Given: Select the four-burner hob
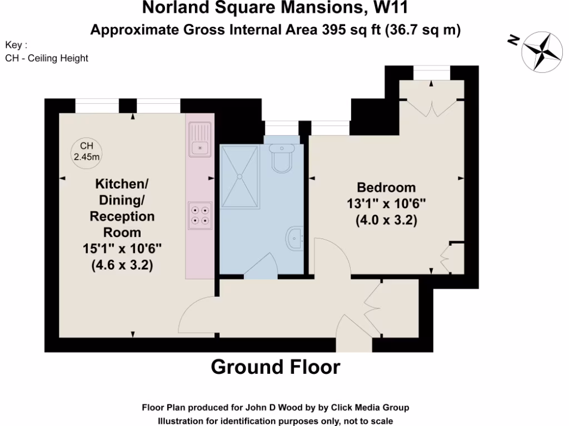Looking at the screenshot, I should (200, 215).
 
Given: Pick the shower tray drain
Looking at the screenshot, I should (240, 176).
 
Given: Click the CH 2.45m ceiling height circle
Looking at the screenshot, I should (86, 151).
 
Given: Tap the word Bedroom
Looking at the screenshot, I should (386, 187).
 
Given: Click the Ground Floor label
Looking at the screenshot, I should (276, 367).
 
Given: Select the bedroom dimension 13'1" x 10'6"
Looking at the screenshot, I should (386, 204).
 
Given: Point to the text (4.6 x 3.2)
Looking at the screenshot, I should (122, 265).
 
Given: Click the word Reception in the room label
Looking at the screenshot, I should (122, 216).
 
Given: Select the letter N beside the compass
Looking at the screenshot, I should (514, 39).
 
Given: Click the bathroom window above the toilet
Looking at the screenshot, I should (281, 128).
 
